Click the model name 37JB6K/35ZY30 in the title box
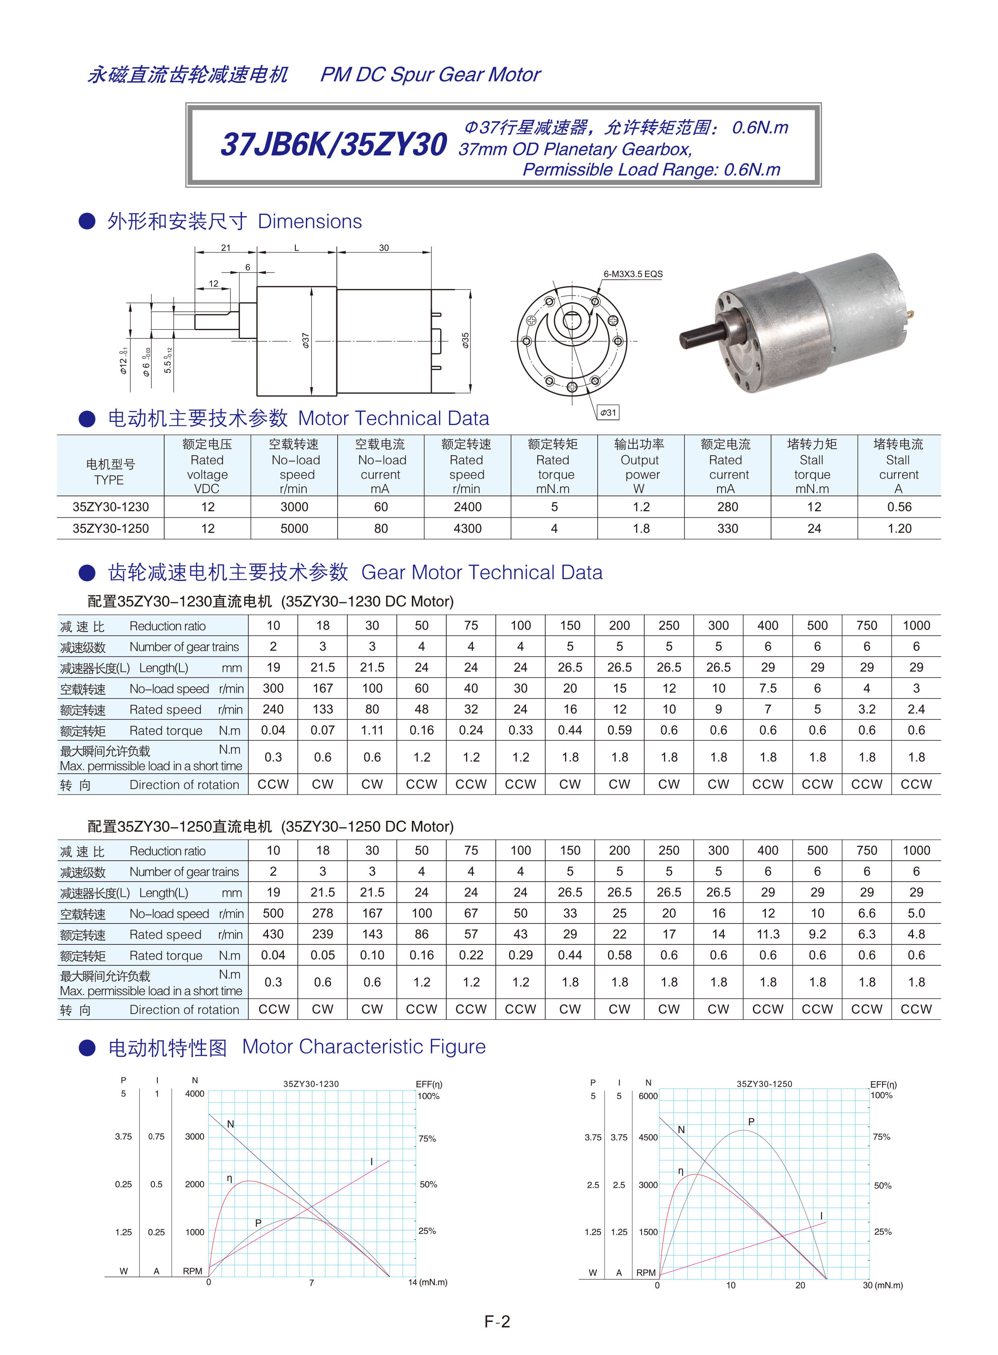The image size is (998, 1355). (334, 145)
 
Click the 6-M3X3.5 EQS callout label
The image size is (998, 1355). (633, 274)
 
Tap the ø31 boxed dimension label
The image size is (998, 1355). (608, 413)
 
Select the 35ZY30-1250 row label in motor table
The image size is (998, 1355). (111, 528)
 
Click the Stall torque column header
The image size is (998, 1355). (812, 466)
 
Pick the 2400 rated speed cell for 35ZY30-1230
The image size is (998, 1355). (468, 506)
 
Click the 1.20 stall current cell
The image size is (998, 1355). (899, 528)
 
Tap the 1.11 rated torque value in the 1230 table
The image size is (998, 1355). (372, 730)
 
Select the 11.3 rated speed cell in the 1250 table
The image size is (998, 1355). (768, 934)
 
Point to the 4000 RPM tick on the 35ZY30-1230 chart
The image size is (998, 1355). (194, 1093)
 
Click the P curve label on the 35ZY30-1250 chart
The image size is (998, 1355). (751, 1122)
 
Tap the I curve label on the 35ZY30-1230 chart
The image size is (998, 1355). (371, 1162)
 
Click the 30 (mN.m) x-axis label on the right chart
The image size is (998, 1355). (882, 1285)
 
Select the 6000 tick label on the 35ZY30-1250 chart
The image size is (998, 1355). (647, 1096)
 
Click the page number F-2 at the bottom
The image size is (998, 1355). (497, 1322)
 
